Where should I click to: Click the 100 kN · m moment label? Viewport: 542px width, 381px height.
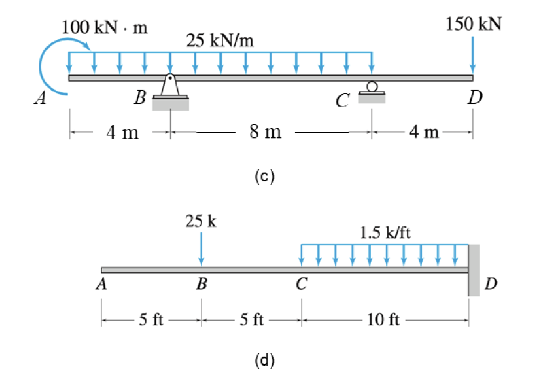[x=104, y=27]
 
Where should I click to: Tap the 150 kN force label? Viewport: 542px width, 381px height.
[x=474, y=24]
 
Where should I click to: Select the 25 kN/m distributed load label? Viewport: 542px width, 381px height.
[x=220, y=41]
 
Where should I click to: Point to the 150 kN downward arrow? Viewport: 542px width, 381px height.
[x=473, y=56]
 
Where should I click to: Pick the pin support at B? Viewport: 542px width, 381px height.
[x=170, y=92]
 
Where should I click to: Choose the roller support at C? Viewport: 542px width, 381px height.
[x=372, y=93]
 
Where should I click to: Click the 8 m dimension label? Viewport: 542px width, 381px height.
[x=265, y=131]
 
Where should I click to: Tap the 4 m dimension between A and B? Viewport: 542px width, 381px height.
[x=122, y=133]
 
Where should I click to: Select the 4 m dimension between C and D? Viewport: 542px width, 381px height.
[x=424, y=132]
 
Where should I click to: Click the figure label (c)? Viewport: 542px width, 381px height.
[x=265, y=176]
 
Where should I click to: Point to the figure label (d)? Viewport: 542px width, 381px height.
[x=265, y=360]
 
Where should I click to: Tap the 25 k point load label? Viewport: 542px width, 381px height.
[x=201, y=221]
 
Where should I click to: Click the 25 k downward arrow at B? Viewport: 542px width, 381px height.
[x=201, y=250]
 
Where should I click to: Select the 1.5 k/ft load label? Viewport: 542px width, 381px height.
[x=385, y=233]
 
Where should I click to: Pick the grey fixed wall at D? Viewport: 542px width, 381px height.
[x=474, y=270]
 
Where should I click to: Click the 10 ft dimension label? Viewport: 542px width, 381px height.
[x=383, y=320]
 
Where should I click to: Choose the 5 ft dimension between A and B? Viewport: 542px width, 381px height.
[x=151, y=320]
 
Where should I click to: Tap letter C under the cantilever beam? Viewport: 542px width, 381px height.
[x=302, y=284]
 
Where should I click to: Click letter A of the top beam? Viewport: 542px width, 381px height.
[x=41, y=98]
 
